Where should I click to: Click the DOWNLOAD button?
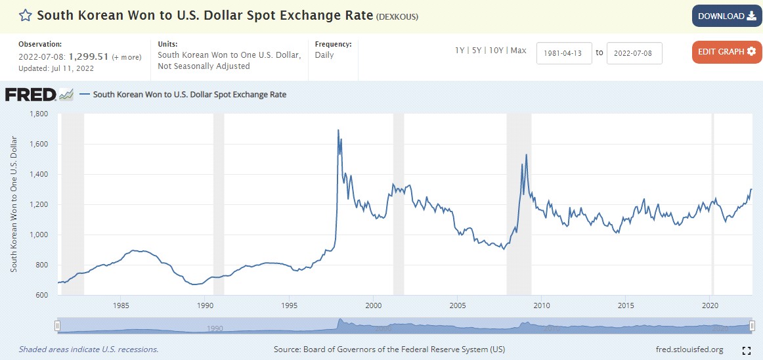(x=726, y=16)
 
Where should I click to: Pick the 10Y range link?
(x=497, y=51)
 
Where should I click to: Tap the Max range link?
(x=518, y=51)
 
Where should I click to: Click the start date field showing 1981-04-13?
(x=564, y=53)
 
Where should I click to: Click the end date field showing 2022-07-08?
(x=634, y=53)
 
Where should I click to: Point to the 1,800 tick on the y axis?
(x=40, y=114)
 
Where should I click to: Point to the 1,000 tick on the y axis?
(x=40, y=235)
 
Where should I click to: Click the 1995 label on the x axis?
(x=290, y=305)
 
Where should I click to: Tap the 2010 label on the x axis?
(x=542, y=305)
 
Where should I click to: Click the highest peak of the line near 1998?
(x=338, y=130)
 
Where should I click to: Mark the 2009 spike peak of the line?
(x=526, y=155)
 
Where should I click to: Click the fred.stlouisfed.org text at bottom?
(x=689, y=349)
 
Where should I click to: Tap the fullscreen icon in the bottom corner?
(x=746, y=350)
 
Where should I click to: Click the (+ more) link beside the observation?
(x=127, y=57)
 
